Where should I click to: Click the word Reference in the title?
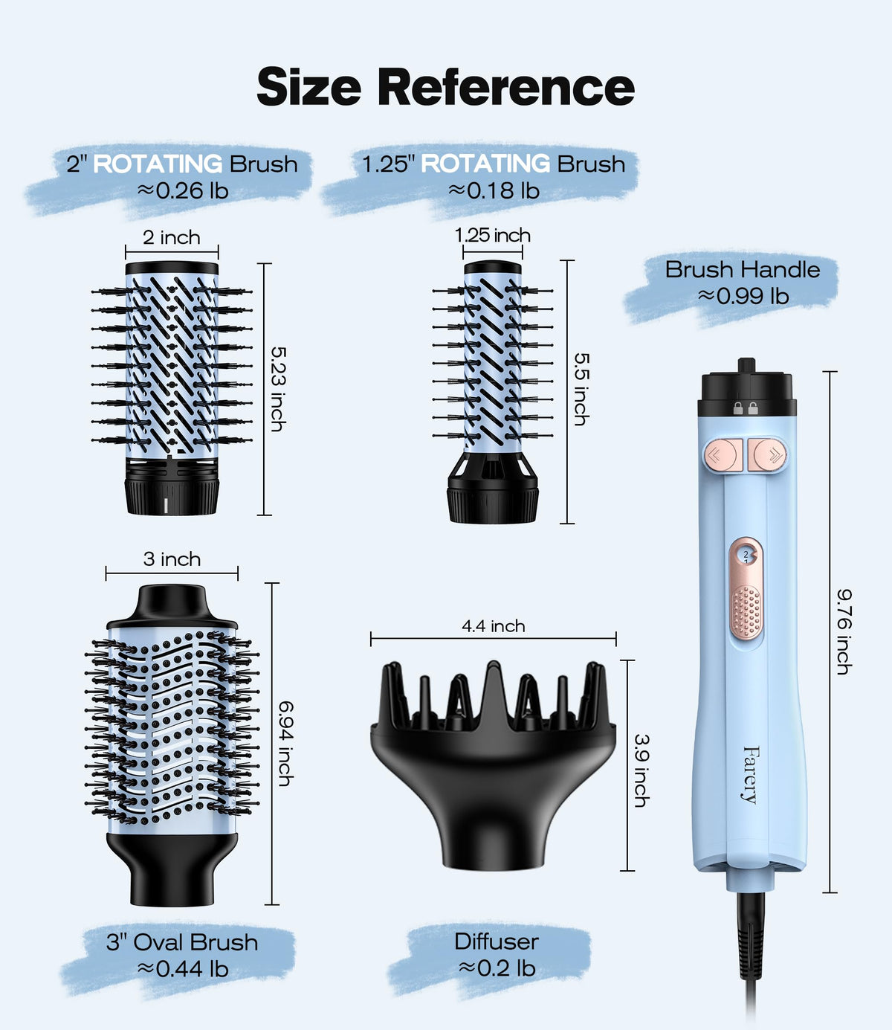[x=506, y=87]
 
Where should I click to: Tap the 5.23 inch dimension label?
[x=278, y=389]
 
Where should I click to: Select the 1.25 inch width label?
[x=493, y=235]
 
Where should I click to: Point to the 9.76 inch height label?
[x=844, y=631]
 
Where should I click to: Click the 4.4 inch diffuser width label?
[x=493, y=626]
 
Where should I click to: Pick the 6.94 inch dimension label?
[x=285, y=744]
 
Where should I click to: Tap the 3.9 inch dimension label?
[x=641, y=770]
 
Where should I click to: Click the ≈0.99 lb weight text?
[x=743, y=296]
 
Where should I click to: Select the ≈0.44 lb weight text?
[x=183, y=969]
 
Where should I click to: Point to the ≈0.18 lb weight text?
[x=494, y=190]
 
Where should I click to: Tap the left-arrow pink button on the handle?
[x=723, y=454]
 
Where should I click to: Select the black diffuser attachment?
[x=493, y=765]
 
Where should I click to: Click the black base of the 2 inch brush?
[x=172, y=486]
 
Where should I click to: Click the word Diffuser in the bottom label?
[x=497, y=942]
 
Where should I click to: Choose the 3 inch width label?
[x=172, y=559]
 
